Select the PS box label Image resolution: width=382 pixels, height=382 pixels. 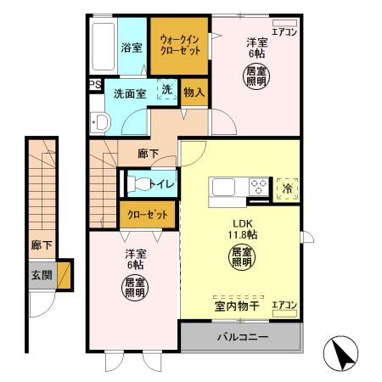[95, 85]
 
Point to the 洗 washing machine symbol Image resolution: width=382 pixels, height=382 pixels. [167, 89]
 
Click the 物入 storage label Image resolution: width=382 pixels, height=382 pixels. [194, 91]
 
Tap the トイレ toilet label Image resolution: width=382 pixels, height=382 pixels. [161, 184]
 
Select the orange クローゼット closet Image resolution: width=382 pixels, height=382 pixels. [148, 214]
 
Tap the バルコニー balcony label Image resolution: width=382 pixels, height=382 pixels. [242, 338]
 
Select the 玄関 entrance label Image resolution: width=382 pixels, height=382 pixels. [41, 275]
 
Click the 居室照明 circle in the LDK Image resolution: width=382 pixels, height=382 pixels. [241, 256]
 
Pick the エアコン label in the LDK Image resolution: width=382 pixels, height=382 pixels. [284, 305]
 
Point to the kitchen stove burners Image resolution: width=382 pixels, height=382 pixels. [258, 187]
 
